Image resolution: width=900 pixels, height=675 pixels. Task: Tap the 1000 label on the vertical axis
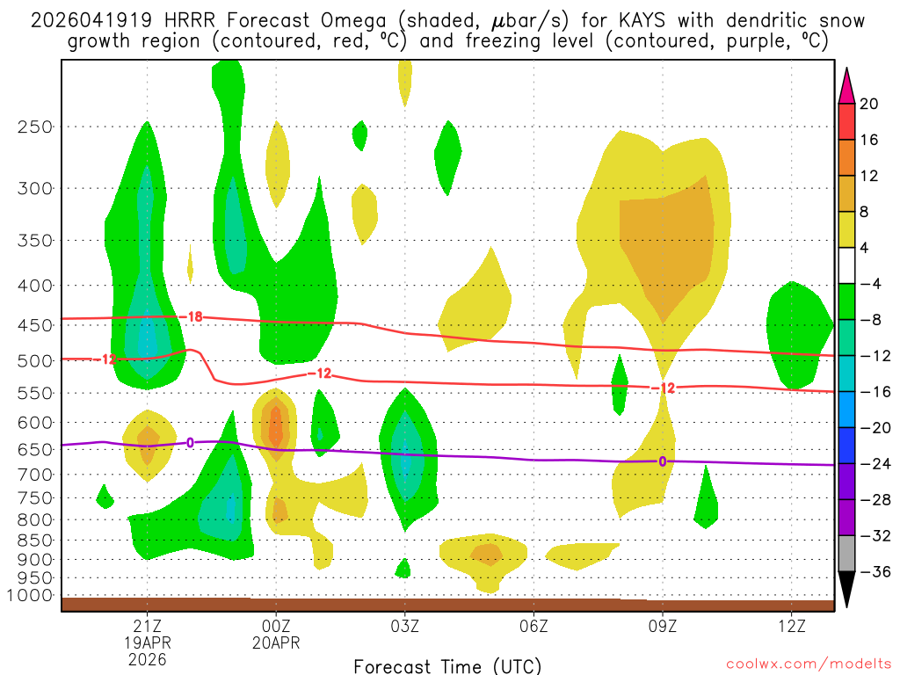29,596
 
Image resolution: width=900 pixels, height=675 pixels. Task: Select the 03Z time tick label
405,628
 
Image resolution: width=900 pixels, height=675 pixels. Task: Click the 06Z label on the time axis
534,628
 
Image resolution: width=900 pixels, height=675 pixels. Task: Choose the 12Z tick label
792,628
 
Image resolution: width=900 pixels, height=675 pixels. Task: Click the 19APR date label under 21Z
147,643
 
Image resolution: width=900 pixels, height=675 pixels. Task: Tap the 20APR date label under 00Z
276,643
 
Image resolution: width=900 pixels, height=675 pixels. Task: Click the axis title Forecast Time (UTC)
447,665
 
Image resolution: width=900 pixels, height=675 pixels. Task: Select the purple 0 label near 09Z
662,461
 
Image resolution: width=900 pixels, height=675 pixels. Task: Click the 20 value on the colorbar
869,104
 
